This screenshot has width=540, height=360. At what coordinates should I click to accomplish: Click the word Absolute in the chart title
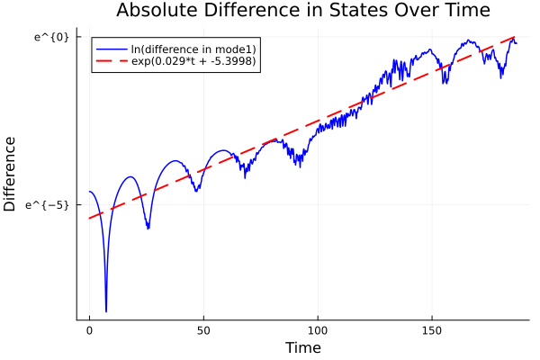pyautogui.click(x=160, y=11)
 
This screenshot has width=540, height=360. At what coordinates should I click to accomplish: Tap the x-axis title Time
pyautogui.click(x=302, y=347)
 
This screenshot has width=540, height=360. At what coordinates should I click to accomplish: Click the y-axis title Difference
pyautogui.click(x=11, y=174)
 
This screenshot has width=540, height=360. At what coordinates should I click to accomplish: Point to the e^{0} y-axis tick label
pyautogui.click(x=52, y=37)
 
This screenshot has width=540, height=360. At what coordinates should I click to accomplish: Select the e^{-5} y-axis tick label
pyautogui.click(x=49, y=205)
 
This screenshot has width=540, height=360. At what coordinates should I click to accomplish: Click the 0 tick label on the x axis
pyautogui.click(x=89, y=330)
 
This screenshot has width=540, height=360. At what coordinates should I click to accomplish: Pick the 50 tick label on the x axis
pyautogui.click(x=203, y=330)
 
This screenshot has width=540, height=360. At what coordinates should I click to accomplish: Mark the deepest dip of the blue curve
pyautogui.click(x=106, y=311)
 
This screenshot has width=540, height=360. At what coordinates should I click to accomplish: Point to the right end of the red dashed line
pyautogui.click(x=516, y=37)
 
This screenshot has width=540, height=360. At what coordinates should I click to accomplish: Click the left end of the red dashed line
pyautogui.click(x=89, y=218)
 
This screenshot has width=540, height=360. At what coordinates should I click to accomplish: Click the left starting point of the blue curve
pyautogui.click(x=89, y=192)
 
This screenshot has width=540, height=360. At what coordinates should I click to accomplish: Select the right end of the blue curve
pyautogui.click(x=517, y=43)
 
